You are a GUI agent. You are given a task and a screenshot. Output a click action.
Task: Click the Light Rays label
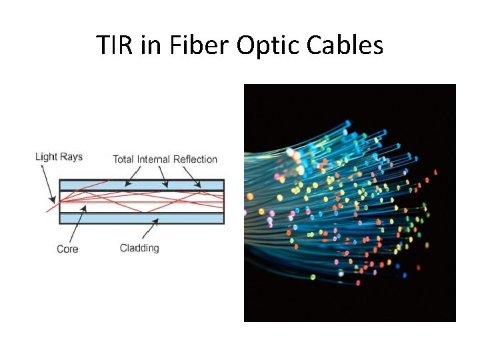(x=59, y=157)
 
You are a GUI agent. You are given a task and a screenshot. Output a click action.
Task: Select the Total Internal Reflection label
(x=165, y=159)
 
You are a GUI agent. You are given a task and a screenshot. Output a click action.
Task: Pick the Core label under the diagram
(x=67, y=249)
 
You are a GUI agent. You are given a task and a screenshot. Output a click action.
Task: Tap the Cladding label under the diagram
(x=139, y=248)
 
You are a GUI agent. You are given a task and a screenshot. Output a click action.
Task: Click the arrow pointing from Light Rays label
(x=47, y=181)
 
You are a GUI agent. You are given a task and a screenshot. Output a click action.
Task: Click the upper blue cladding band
(x=141, y=185)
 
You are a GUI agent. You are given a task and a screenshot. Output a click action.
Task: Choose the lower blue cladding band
(x=141, y=218)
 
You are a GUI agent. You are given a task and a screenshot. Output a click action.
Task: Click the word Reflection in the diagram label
(x=195, y=159)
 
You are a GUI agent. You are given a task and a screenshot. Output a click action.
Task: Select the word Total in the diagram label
(x=123, y=159)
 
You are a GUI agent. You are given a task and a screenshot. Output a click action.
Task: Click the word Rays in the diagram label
(x=71, y=157)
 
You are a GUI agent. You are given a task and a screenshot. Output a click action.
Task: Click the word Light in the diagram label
(x=46, y=157)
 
